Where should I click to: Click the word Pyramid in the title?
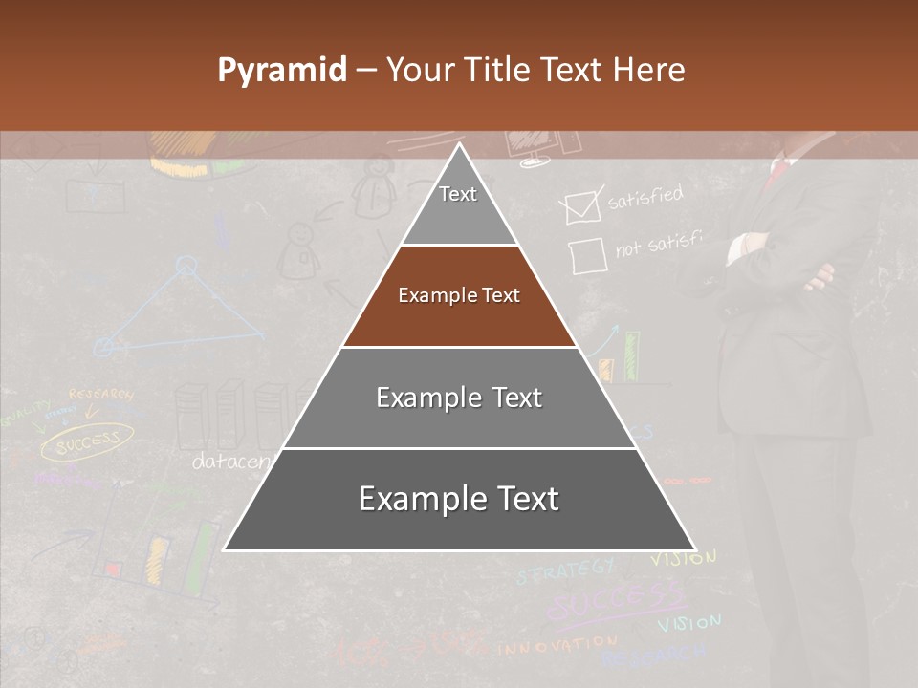click(x=282, y=70)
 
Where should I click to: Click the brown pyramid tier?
click(x=459, y=296)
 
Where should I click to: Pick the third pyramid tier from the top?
click(x=459, y=398)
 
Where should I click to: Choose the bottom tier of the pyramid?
click(x=459, y=500)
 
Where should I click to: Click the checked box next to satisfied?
click(x=581, y=207)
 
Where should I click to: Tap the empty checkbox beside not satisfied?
click(x=587, y=256)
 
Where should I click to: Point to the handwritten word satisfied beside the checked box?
click(x=645, y=198)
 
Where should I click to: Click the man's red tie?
click(x=779, y=170)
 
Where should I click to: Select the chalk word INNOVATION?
click(x=557, y=646)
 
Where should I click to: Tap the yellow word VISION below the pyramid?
click(x=684, y=558)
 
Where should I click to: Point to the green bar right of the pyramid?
click(x=631, y=356)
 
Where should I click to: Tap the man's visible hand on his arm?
click(x=820, y=277)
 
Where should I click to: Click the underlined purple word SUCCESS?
click(x=617, y=602)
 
